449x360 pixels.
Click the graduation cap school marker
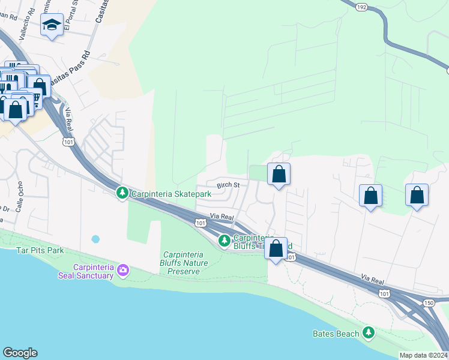[x=52, y=26]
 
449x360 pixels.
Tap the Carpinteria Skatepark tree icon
[x=122, y=192]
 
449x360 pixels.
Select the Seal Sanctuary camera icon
[x=123, y=269]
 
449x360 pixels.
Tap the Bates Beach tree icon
[x=368, y=332]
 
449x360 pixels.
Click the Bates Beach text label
[x=336, y=334]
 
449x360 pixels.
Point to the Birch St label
[x=228, y=185]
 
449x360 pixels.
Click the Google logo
[x=20, y=353]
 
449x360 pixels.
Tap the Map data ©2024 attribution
[x=423, y=355]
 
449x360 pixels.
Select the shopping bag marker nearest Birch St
[x=279, y=175]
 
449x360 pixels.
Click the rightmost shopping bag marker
[x=417, y=196]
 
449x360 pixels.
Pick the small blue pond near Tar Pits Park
[x=95, y=239]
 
